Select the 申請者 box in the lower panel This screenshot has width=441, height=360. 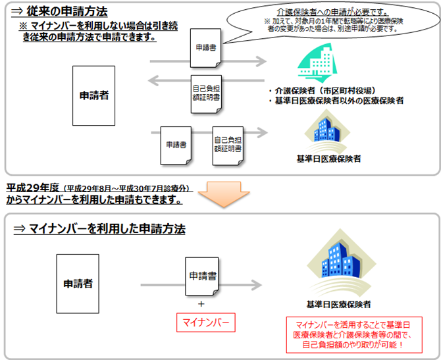pos(78,284)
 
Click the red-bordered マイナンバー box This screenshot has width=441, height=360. pos(206,323)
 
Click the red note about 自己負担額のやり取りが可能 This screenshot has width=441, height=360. pos(350,336)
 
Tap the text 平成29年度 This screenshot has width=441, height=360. pos(31,187)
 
